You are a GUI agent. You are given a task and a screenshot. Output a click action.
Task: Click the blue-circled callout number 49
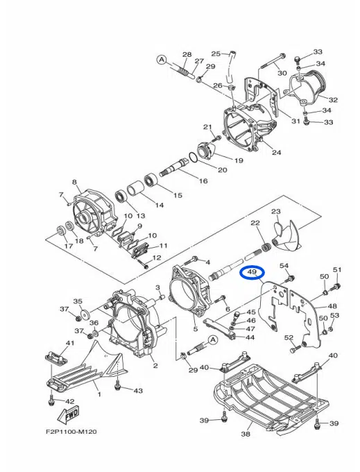[251, 272]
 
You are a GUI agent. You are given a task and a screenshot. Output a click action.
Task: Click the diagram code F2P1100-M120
[71, 432]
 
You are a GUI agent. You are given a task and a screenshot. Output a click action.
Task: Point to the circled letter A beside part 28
[162, 60]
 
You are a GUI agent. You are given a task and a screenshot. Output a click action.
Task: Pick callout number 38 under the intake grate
[246, 434]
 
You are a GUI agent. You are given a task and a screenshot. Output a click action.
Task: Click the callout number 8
[75, 182]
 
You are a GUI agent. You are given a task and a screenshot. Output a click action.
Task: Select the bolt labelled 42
[51, 400]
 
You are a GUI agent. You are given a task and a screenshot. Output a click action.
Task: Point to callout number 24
[276, 152]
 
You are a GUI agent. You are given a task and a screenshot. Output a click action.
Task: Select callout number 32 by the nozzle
[333, 100]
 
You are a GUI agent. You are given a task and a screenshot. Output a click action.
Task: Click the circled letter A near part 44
[213, 340]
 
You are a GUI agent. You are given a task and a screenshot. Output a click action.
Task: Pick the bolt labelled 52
[296, 349]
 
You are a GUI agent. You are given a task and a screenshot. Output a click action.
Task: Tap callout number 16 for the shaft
[203, 180]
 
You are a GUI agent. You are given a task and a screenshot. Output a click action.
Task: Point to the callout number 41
[70, 343]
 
